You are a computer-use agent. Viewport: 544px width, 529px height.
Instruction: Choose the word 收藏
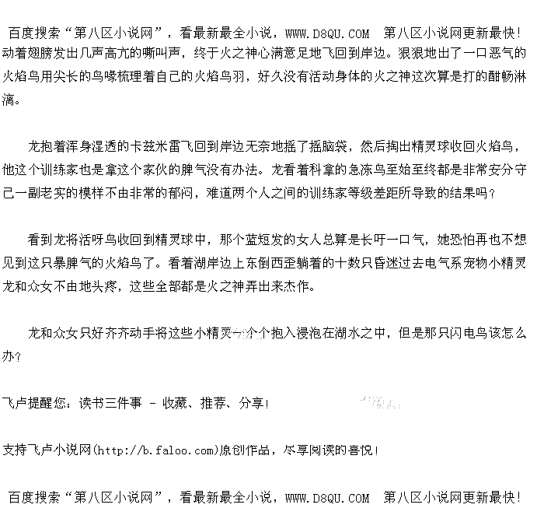(174, 404)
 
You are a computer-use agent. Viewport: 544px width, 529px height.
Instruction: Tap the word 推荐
(213, 404)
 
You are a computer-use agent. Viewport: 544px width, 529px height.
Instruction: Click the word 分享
(251, 404)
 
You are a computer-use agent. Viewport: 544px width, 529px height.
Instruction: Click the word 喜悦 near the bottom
(362, 450)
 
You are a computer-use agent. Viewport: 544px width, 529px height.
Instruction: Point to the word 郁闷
(180, 192)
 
